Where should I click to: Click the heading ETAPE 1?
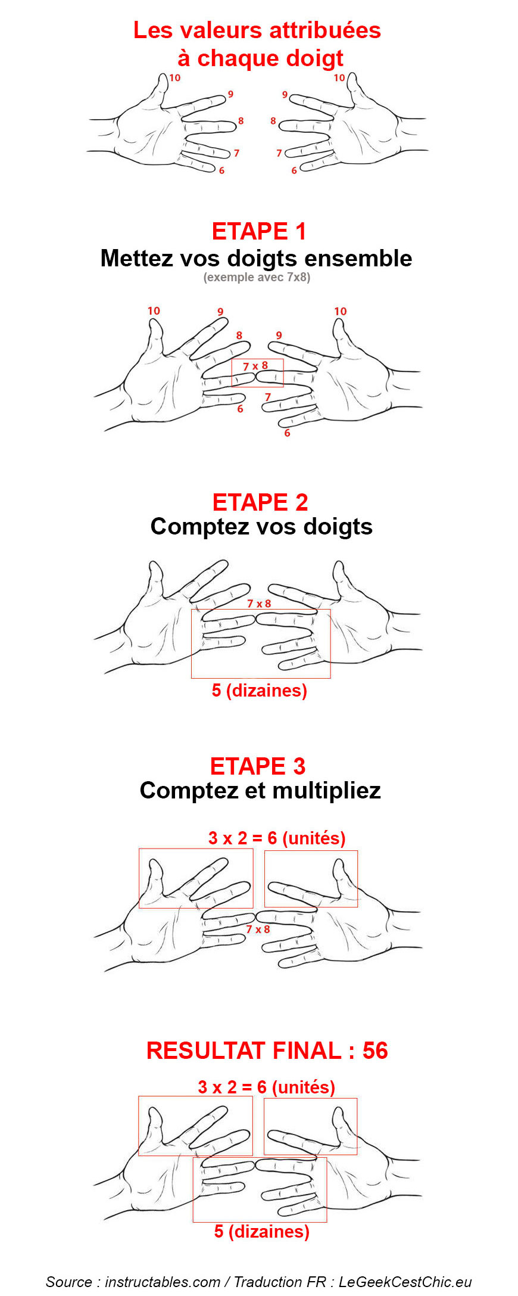(259, 231)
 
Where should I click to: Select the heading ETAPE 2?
(260, 502)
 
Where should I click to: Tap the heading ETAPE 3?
(258, 766)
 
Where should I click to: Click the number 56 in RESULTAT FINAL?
(375, 1051)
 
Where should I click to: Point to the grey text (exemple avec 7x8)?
(257, 277)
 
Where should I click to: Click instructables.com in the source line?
(163, 1282)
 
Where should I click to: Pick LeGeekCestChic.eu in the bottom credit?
(405, 1282)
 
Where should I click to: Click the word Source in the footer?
(68, 1282)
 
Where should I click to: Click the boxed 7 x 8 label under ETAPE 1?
(255, 366)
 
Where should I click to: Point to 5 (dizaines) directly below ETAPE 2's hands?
(260, 691)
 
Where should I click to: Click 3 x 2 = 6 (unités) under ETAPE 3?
(277, 838)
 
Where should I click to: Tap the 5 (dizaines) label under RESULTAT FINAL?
(262, 1232)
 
